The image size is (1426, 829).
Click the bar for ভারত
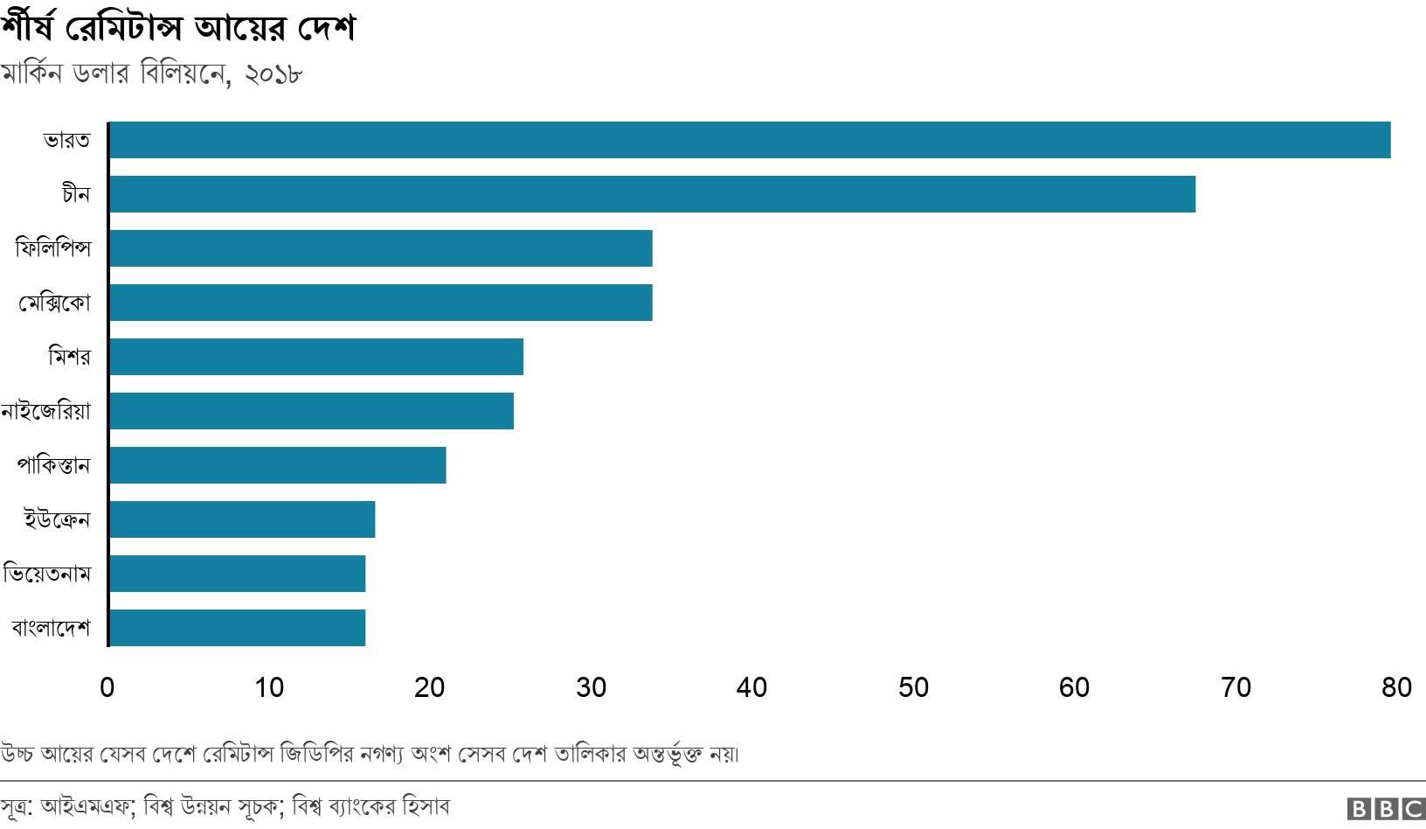[750, 140]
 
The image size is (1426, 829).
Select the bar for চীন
[652, 194]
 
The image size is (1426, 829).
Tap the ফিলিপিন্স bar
[380, 248]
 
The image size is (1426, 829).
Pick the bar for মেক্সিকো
[380, 303]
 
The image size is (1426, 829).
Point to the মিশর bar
[315, 357]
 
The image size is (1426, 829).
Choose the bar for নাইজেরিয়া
[311, 411]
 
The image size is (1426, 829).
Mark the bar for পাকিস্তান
[277, 465]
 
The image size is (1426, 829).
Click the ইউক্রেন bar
[242, 519]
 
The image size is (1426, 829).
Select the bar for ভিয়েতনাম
[237, 574]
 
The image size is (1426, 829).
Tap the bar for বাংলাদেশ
[237, 628]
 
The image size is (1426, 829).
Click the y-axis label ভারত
[66, 140]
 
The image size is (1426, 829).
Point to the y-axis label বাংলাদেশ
[51, 628]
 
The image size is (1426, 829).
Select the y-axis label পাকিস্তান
[53, 465]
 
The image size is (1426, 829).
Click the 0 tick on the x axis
[107, 688]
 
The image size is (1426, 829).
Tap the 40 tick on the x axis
[751, 688]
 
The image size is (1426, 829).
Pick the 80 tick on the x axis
[1396, 688]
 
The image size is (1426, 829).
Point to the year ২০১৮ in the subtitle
[273, 73]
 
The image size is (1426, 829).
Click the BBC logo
[1386, 809]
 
